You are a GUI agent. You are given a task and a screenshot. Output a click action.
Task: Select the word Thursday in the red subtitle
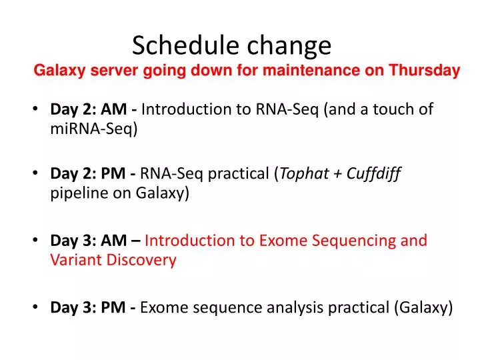(425, 71)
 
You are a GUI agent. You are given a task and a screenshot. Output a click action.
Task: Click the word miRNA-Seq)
(94, 129)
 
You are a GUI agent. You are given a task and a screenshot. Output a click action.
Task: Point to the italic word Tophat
(303, 175)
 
